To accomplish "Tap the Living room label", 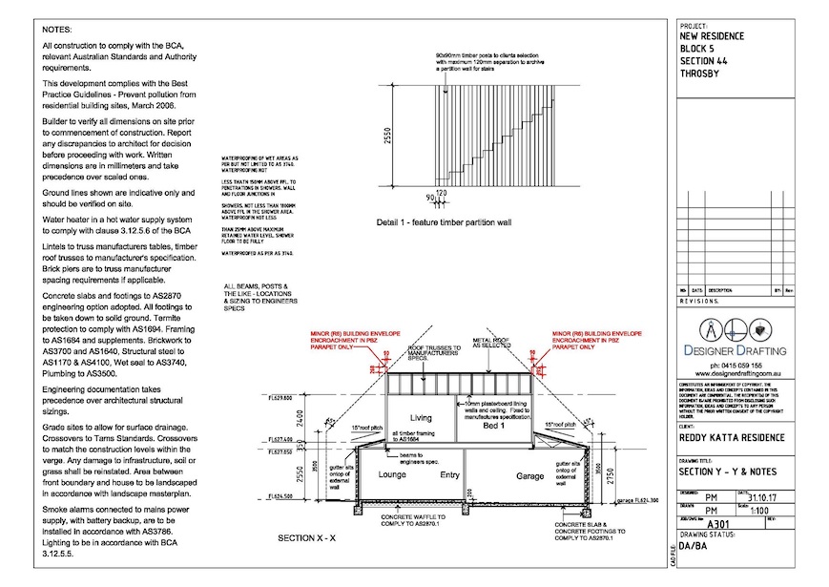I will tap(423, 417).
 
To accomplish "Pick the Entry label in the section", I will tap(450, 473).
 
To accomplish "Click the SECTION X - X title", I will tap(306, 538).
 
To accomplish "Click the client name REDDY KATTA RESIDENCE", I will tap(732, 438).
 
